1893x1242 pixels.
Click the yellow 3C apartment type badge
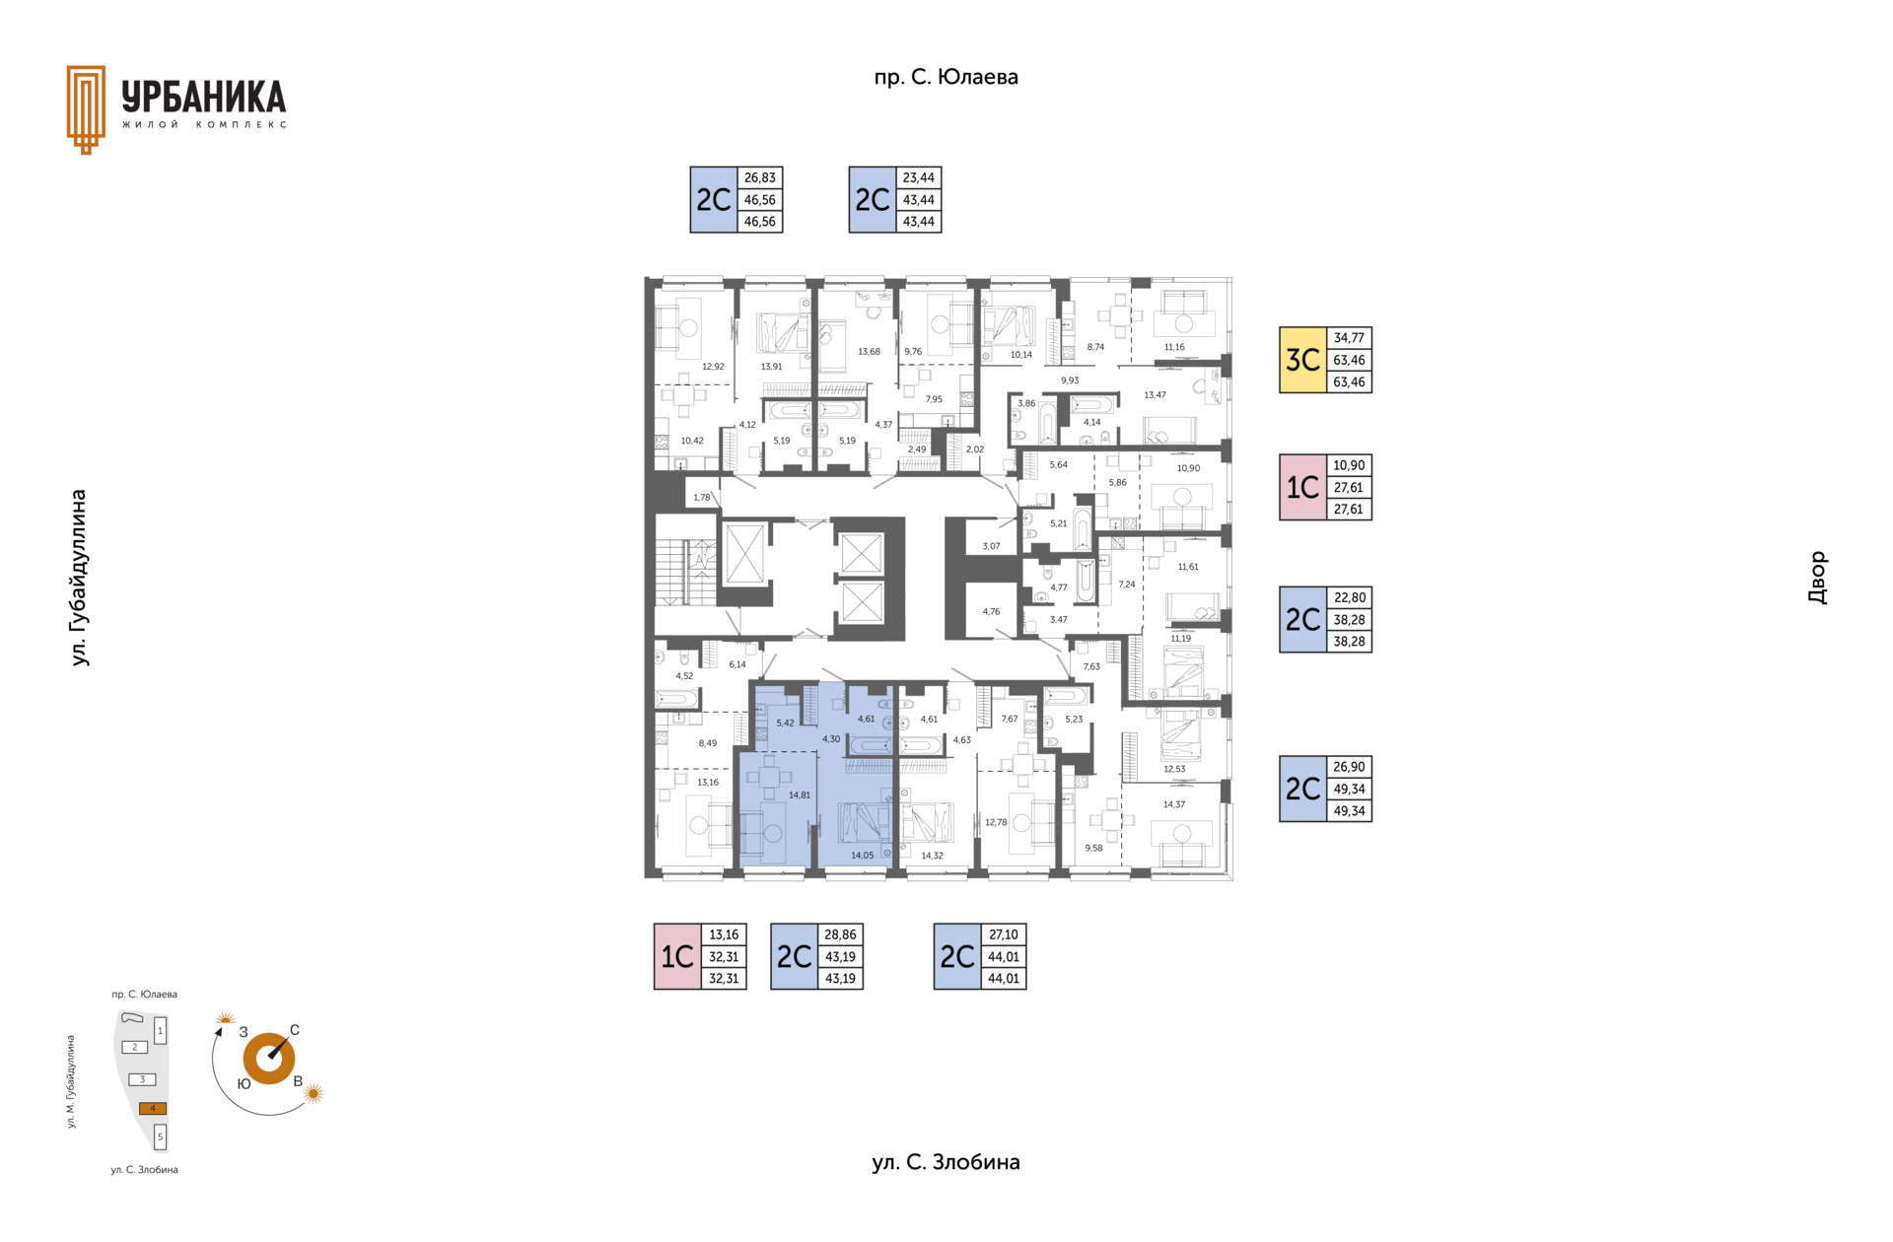tap(1302, 360)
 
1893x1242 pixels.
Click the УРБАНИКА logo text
tap(204, 98)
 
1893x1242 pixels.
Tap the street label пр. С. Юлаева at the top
tap(946, 77)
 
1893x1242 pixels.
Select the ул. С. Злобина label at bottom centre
tap(946, 1162)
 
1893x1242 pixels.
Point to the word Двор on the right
tap(1817, 578)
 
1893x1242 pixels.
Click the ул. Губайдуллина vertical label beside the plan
tap(79, 578)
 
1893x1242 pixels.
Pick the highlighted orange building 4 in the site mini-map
tap(153, 1108)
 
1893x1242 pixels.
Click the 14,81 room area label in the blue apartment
tap(800, 794)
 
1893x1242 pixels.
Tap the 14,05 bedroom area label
tap(862, 856)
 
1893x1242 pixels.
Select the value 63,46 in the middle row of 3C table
tap(1349, 360)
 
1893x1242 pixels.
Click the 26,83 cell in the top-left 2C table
tap(759, 177)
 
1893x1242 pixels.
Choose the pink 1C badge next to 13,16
tap(677, 956)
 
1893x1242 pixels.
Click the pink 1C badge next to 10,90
tap(1302, 487)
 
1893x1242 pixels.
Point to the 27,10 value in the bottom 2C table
tap(1003, 934)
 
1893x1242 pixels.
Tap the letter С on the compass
tap(295, 1030)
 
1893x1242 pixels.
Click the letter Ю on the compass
tap(244, 1083)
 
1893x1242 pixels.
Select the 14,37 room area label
tap(1173, 804)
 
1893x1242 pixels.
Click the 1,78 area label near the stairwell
tap(702, 498)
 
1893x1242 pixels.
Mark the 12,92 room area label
tap(713, 367)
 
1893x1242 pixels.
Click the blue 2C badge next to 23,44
tap(873, 200)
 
